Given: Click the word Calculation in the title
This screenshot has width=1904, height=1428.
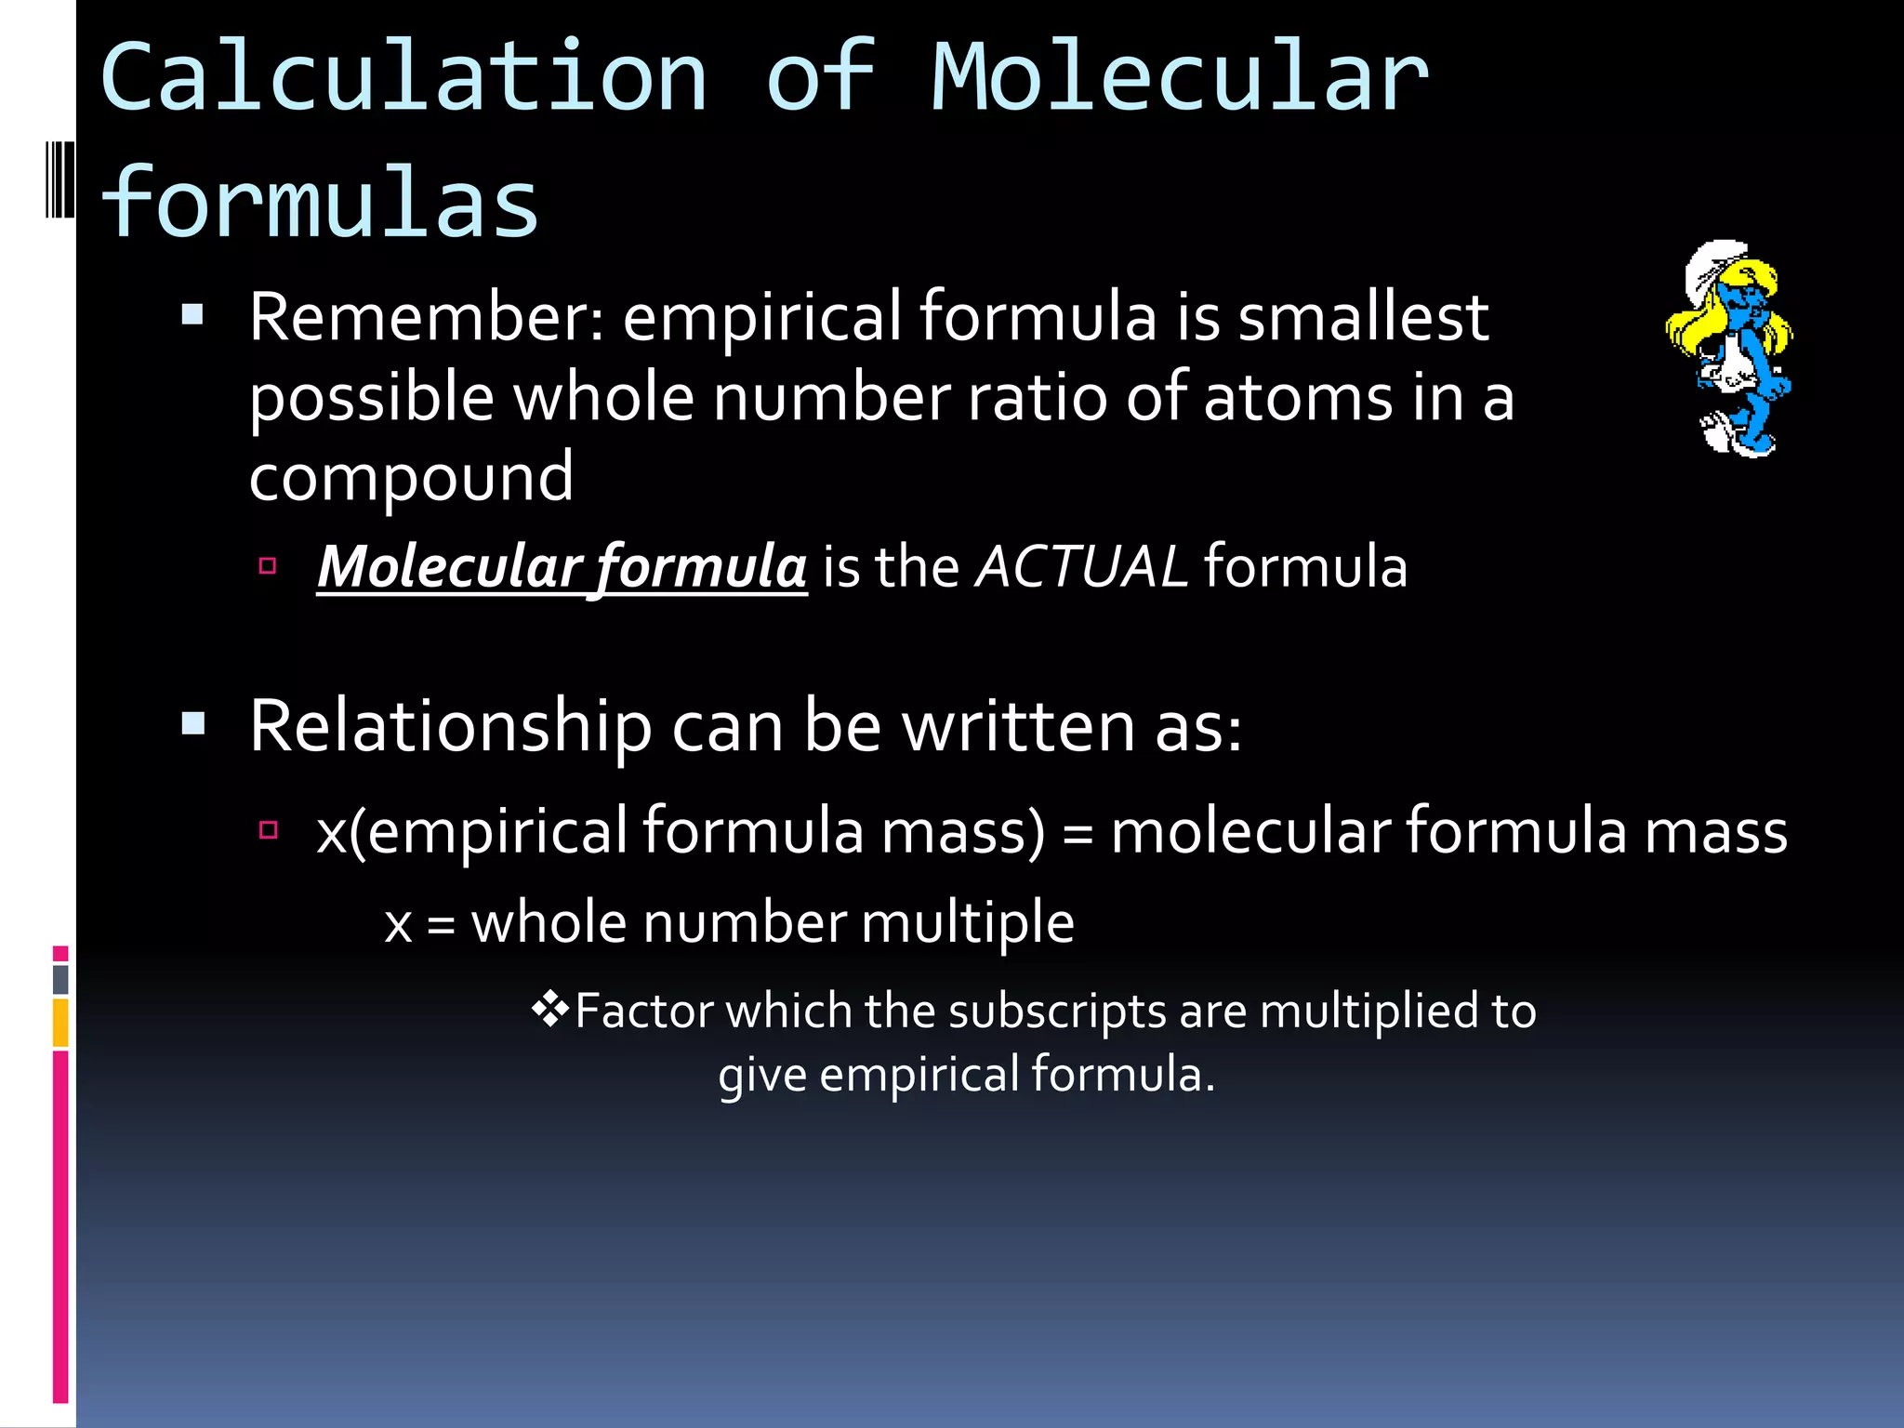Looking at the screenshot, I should click(x=403, y=78).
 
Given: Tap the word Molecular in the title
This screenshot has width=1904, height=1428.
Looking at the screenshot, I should click(x=1179, y=78).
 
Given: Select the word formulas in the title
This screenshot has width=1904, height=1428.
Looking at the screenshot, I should click(x=319, y=203).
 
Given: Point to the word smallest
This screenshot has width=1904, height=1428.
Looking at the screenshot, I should click(x=1363, y=318).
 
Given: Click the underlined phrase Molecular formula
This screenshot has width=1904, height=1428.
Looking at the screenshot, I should click(x=562, y=566).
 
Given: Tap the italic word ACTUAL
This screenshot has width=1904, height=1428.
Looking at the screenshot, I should click(x=1081, y=566).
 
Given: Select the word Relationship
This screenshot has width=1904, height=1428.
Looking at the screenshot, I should click(x=450, y=726).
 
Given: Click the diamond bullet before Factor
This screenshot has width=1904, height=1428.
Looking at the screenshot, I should click(x=549, y=1010).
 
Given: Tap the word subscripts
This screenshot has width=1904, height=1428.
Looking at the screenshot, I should click(x=1057, y=1011).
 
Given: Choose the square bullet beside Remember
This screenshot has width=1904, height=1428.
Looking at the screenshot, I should click(x=192, y=315).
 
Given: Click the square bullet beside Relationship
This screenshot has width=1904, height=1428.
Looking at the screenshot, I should click(x=193, y=723).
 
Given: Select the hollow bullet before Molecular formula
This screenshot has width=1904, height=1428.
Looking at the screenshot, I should click(x=268, y=565).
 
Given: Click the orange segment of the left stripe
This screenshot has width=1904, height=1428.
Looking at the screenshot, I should click(x=60, y=1023).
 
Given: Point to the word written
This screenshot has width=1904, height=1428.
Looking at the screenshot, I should click(x=1018, y=726).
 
